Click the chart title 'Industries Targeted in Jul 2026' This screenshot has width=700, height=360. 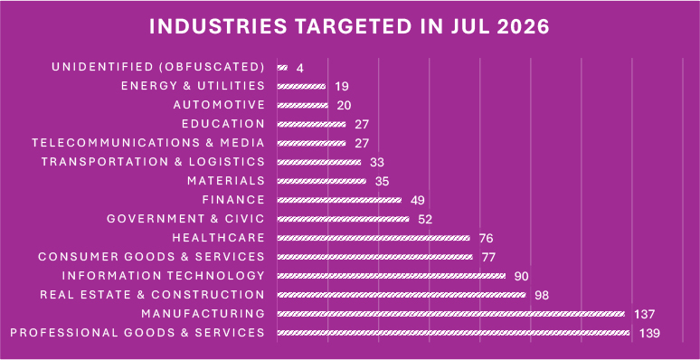pos(349,27)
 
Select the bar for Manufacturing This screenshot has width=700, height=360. pos(451,314)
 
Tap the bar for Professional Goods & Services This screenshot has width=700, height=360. pos(454,333)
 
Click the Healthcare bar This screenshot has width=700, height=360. pos(374,238)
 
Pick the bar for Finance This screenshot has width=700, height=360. pos(339,200)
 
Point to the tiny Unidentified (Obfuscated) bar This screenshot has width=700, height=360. pos(282,68)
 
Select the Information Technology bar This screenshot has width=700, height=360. pos(392,276)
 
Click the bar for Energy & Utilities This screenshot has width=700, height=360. pos(301,86)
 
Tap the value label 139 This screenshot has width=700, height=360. pos(649,333)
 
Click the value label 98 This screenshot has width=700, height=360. pos(541,295)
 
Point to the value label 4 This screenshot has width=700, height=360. pos(300,68)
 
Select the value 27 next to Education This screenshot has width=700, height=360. pos(362,125)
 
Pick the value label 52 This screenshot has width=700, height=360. pos(425,219)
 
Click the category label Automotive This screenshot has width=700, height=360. pos(219,105)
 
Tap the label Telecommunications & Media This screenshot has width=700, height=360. pos(148,143)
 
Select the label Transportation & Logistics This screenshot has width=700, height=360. pos(153,162)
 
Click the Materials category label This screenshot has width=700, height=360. pos(226,181)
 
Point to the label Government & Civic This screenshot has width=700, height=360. pos(186,219)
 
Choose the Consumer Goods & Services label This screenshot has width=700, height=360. pos(152,257)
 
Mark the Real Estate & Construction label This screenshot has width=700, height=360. pos(153,295)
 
